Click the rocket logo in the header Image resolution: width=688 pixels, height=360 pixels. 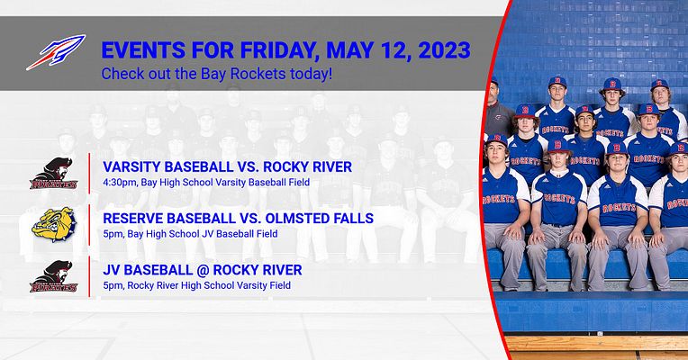pyautogui.click(x=55, y=52)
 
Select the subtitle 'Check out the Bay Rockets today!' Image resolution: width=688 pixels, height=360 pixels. pyautogui.click(x=217, y=72)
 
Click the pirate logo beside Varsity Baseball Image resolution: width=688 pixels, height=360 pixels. pyautogui.click(x=53, y=175)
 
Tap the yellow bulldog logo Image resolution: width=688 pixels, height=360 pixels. pyautogui.click(x=53, y=224)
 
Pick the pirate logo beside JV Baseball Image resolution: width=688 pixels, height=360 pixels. pyautogui.click(x=53, y=276)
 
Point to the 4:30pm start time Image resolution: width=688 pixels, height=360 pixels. pyautogui.click(x=120, y=182)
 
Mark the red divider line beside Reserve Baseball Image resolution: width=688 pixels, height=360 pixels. pyautogui.click(x=89, y=225)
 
